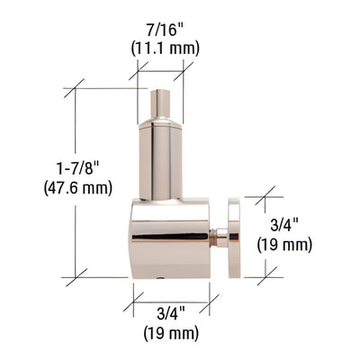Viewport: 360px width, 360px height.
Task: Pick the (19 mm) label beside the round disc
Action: pyautogui.click(x=283, y=244)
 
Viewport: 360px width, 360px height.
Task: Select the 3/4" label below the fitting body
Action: pyautogui.click(x=170, y=314)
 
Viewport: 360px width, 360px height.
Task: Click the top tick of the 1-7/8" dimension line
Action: pyautogui.click(x=74, y=88)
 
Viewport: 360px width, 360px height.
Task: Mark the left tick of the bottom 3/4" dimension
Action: pyautogui.click(x=132, y=296)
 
